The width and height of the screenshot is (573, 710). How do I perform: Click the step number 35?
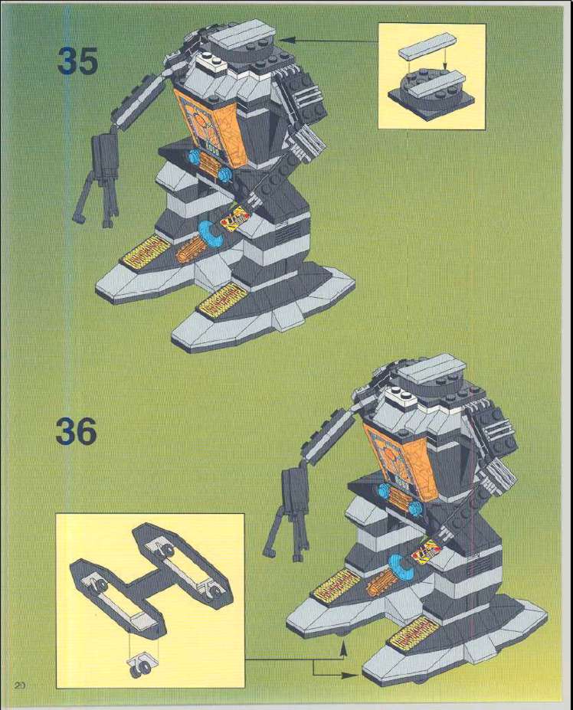pyautogui.click(x=77, y=61)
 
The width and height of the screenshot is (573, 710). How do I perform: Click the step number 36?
pyautogui.click(x=76, y=431)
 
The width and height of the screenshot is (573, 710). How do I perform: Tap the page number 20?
pyautogui.click(x=20, y=685)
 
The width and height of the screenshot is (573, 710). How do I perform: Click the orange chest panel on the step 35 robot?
pyautogui.click(x=211, y=126)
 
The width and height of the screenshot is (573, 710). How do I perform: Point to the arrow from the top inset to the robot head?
pyautogui.click(x=328, y=41)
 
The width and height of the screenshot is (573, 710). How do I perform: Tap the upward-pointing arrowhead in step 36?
pyautogui.click(x=343, y=650)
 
